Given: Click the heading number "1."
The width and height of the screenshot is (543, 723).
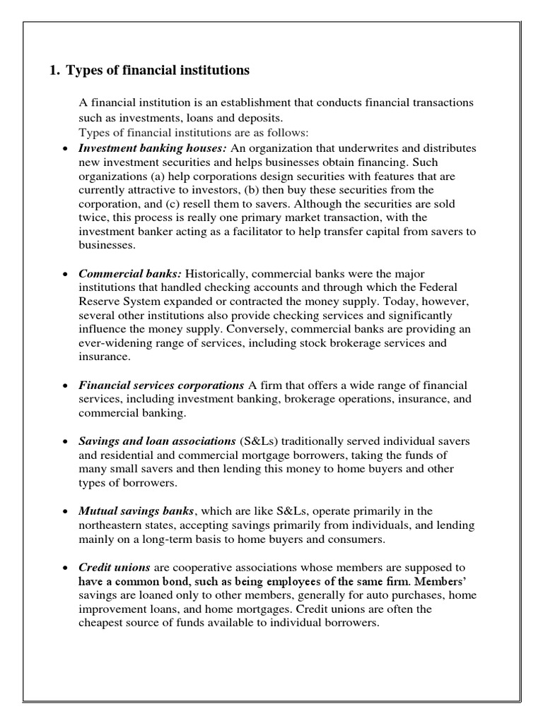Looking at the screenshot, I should click(x=54, y=71).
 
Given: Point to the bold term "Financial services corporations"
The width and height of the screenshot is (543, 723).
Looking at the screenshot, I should click(x=161, y=386).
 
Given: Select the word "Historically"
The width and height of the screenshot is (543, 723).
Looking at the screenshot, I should click(x=215, y=273).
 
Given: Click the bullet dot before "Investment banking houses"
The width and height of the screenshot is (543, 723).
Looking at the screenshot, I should click(x=65, y=150).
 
